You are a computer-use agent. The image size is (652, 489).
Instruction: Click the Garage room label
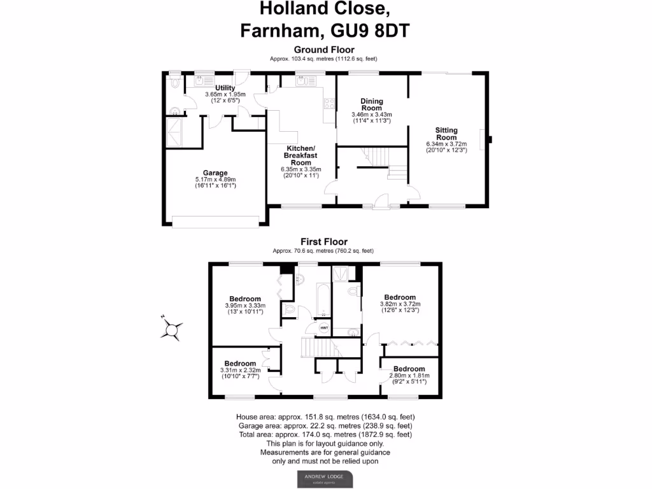click(215, 173)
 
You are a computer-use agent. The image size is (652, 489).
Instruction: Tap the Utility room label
click(225, 88)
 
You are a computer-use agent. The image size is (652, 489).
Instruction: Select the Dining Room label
click(372, 104)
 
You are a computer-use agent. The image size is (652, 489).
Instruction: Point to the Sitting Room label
click(446, 134)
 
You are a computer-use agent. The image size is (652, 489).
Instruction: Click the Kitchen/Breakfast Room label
click(301, 155)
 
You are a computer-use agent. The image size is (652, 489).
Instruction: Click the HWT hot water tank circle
click(323, 328)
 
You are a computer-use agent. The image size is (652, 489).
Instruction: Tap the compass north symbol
click(172, 329)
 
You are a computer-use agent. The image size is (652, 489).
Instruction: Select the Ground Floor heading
click(324, 50)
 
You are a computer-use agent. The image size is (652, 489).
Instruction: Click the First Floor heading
click(324, 242)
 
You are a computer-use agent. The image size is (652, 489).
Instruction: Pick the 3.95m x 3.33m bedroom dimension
click(245, 306)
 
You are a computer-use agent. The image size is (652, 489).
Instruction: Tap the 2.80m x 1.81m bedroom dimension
click(409, 376)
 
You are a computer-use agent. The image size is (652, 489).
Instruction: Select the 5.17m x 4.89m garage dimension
click(215, 180)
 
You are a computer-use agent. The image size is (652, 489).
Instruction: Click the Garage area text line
click(325, 425)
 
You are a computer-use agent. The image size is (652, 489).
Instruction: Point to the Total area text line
click(325, 434)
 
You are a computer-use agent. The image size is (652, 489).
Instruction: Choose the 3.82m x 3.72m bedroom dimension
click(400, 304)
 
